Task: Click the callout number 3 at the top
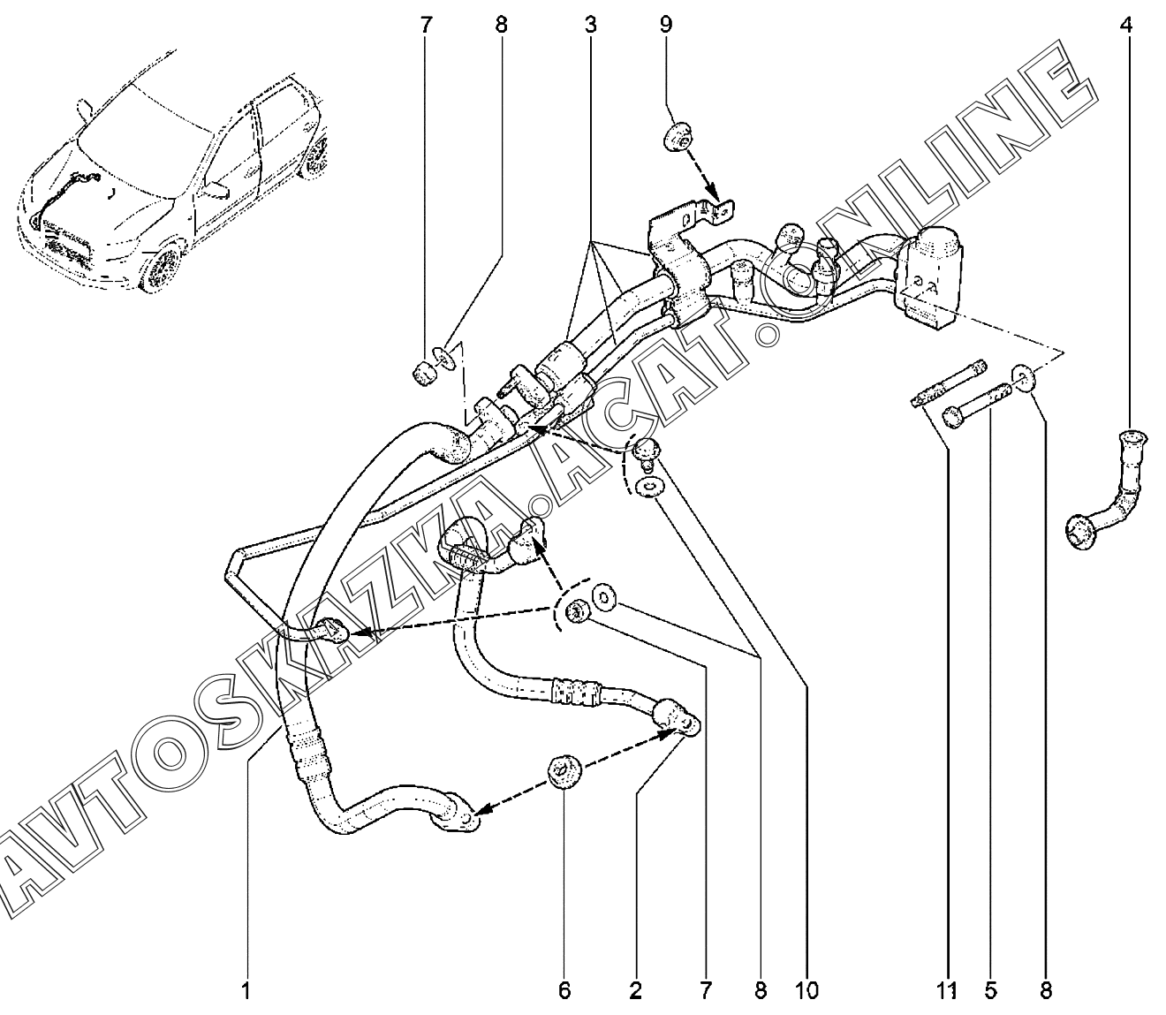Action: [x=589, y=25]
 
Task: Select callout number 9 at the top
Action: [x=665, y=25]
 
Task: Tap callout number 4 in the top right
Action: [x=1125, y=25]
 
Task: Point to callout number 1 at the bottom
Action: [x=246, y=991]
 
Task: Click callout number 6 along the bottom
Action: [x=564, y=991]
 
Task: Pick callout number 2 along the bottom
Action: [x=635, y=991]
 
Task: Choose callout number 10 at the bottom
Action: [x=806, y=991]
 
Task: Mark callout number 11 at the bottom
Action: [x=947, y=991]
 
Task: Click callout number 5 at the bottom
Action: [x=990, y=991]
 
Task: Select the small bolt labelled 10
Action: [x=647, y=451]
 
